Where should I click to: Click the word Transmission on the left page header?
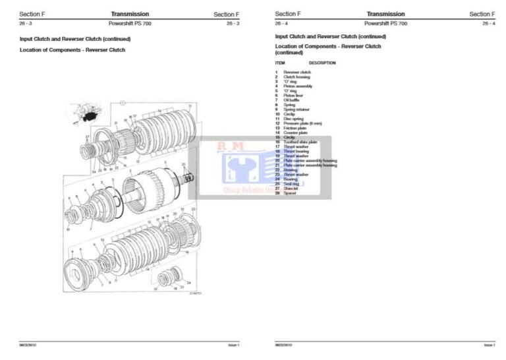click(x=130, y=14)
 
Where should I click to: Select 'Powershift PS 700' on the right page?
click(x=385, y=23)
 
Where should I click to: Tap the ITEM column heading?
click(x=280, y=63)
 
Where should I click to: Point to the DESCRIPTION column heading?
click(x=322, y=63)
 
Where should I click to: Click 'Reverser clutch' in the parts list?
click(x=297, y=72)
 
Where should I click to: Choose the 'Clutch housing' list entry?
click(x=296, y=76)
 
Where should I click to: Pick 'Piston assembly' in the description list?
click(x=298, y=86)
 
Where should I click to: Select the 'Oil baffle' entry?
click(x=292, y=100)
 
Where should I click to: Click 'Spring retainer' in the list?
click(x=296, y=109)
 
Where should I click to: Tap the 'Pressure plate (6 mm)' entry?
click(x=302, y=123)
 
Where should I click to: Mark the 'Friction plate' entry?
click(x=295, y=128)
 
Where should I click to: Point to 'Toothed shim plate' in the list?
click(x=300, y=142)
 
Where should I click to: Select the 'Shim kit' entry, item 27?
click(x=291, y=188)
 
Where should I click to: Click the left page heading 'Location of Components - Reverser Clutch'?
click(x=72, y=49)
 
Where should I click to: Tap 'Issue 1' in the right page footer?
click(x=489, y=345)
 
